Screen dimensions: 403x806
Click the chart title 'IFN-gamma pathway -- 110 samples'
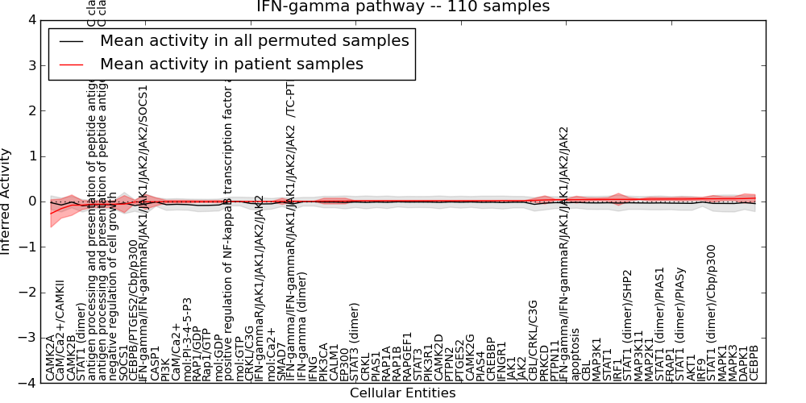403,7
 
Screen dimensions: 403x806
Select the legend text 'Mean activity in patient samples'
231,64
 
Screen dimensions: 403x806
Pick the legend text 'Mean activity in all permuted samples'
254,40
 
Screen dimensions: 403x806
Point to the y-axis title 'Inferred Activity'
6,201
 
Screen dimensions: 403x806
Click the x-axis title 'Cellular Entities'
403,393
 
